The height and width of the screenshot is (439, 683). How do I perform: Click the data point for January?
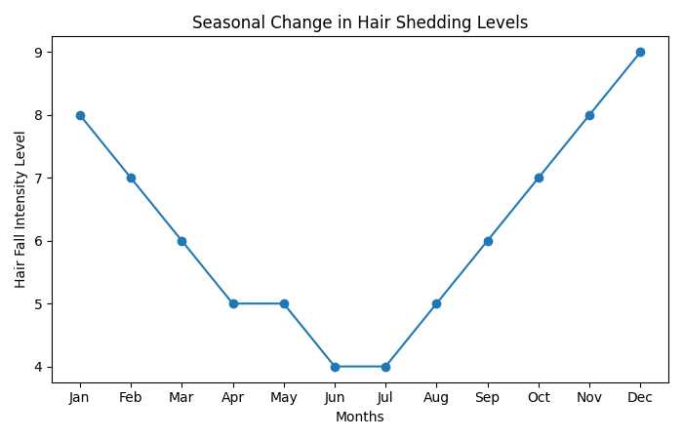pos(80,115)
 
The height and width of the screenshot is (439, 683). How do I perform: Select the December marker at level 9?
pos(640,52)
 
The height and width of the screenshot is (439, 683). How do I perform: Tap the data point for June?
pos(335,367)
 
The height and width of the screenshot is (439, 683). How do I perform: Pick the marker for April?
pos(233,303)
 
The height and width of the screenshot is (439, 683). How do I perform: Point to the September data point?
pos(488,241)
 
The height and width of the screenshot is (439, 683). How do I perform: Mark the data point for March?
pos(181,241)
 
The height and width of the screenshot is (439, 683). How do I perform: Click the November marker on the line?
pos(589,115)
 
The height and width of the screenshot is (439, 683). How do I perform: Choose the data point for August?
pos(436,303)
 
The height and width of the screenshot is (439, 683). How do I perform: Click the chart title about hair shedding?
pos(360,21)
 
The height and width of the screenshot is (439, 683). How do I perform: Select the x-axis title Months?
pos(360,418)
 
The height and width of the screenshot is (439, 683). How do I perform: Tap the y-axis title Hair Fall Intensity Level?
pos(20,209)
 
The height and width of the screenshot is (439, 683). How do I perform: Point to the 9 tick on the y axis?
pos(38,52)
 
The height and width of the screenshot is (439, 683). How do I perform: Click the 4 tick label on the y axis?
pos(38,367)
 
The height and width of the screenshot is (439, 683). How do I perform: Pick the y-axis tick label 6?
pos(38,241)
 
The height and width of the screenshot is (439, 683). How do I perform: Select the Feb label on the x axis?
pos(131,398)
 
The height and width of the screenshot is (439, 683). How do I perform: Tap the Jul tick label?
pos(385,398)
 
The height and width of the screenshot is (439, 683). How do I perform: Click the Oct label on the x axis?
pos(539,398)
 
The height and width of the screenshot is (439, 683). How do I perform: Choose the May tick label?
pos(284,398)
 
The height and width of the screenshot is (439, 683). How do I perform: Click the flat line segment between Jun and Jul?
pos(360,367)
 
